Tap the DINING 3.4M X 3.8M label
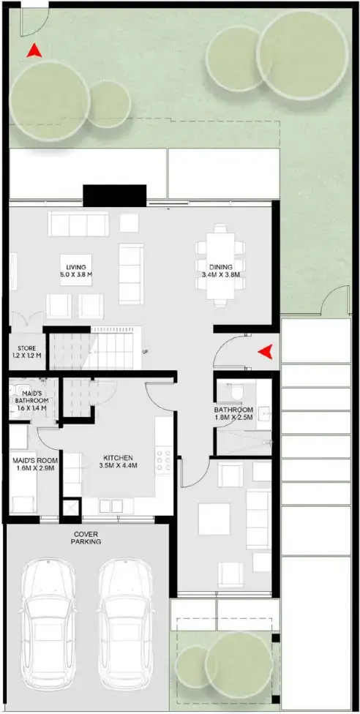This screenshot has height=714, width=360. [x=221, y=271]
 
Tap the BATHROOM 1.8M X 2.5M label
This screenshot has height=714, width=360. [x=233, y=414]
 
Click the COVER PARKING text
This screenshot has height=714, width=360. [x=86, y=538]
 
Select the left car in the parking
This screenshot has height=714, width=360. [x=49, y=615]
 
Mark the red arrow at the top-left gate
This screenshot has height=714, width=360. [x=33, y=51]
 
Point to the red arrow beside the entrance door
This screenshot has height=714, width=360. [x=266, y=352]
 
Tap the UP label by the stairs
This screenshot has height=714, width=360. [x=146, y=351]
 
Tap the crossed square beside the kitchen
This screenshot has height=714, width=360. [x=71, y=507]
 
